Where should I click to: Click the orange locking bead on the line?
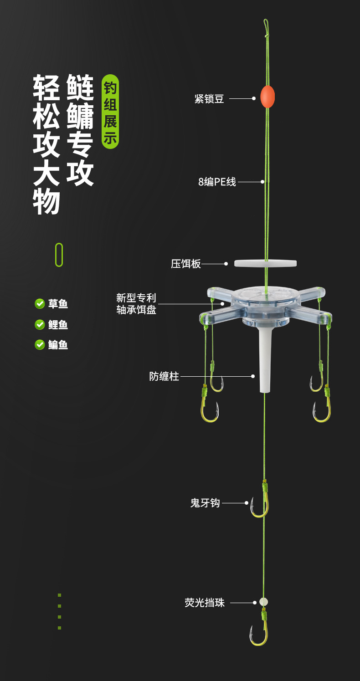(x=267, y=97)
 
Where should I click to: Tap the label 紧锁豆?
(x=209, y=98)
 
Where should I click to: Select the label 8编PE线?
(x=217, y=182)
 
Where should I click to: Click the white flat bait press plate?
(x=265, y=263)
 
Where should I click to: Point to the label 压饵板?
(x=186, y=264)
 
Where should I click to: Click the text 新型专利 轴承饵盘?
(x=136, y=304)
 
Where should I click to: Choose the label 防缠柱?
(x=164, y=376)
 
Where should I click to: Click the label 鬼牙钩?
(x=205, y=503)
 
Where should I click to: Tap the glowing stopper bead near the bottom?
(x=263, y=602)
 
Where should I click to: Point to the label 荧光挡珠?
(x=205, y=603)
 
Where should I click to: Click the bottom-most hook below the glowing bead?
(x=259, y=633)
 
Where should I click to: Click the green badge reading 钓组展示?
(x=110, y=112)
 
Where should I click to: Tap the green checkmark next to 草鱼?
(x=40, y=303)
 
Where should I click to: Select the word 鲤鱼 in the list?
(x=58, y=325)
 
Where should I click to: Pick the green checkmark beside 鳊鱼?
(x=40, y=345)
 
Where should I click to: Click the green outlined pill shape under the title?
(x=59, y=255)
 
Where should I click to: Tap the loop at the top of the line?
(x=266, y=26)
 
